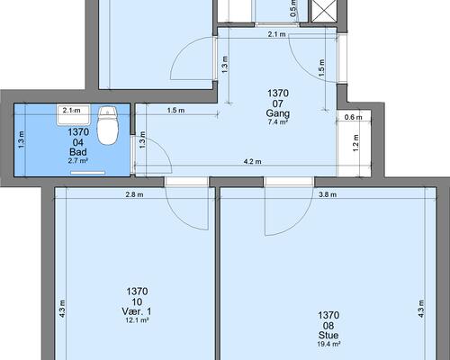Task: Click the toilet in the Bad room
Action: [108, 126]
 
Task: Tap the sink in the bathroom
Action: [74, 114]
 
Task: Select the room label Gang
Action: [278, 113]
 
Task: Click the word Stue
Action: [328, 336]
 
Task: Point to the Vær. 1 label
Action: [137, 311]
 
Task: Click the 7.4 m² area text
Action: [278, 121]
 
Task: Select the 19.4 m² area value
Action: [328, 344]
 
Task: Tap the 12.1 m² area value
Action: [137, 320]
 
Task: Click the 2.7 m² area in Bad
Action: [78, 160]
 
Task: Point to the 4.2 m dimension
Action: [253, 162]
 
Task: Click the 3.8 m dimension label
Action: [328, 194]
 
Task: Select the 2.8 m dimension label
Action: [134, 194]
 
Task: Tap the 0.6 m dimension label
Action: [354, 117]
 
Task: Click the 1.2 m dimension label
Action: [355, 143]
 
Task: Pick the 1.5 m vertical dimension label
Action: [321, 67]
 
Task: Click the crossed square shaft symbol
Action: [323, 11]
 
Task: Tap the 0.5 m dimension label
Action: [293, 9]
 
